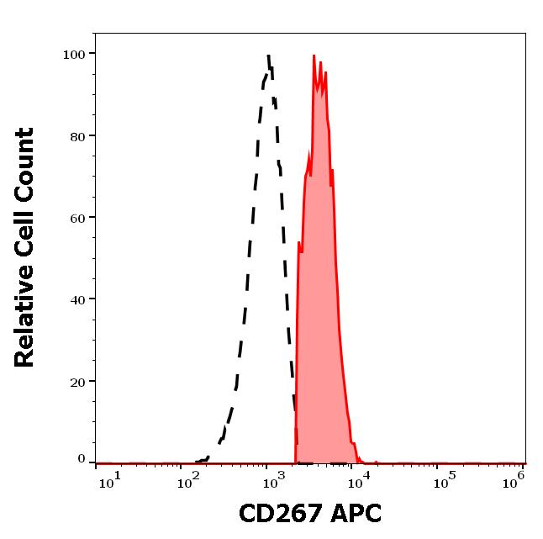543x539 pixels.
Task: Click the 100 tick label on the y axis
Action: tap(73, 55)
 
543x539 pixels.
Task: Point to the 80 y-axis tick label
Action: tap(76, 136)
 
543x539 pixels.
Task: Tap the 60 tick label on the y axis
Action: tap(76, 218)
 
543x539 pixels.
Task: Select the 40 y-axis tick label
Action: tap(76, 299)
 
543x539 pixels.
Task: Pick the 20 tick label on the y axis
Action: tap(76, 381)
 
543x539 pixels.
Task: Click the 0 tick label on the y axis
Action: tap(82, 460)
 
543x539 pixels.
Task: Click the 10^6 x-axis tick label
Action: tap(514, 478)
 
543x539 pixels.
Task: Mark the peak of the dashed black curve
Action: tap(267, 55)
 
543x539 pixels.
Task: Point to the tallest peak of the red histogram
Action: tap(314, 56)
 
